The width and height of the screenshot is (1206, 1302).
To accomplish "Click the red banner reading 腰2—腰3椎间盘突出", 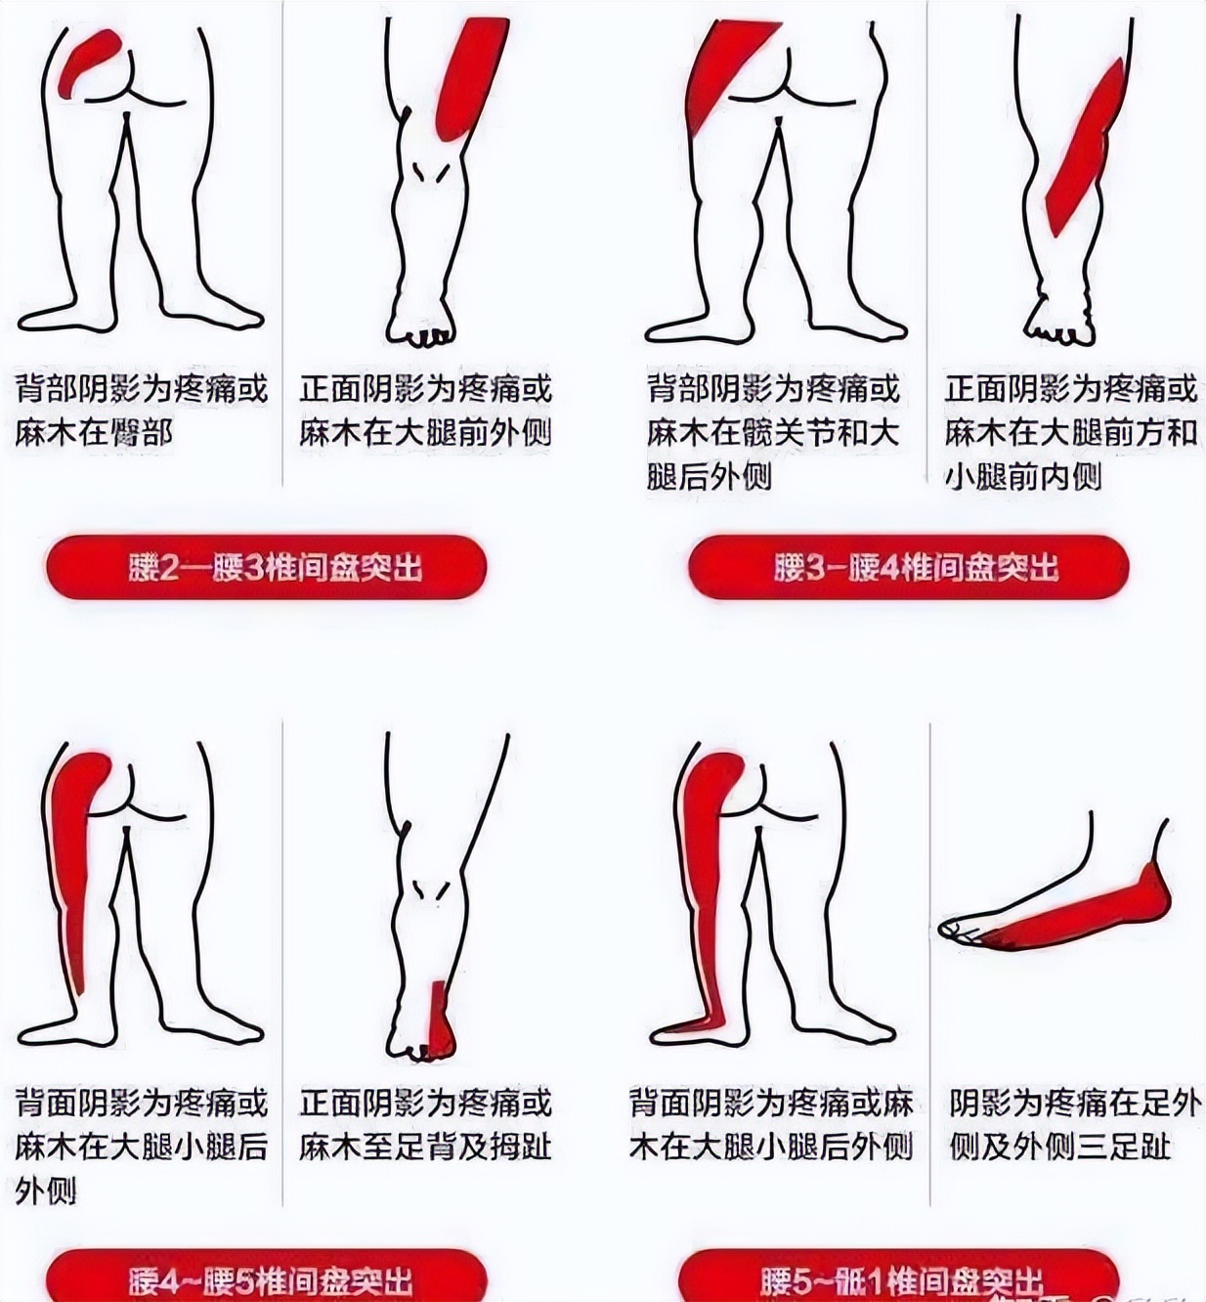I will tap(266, 567).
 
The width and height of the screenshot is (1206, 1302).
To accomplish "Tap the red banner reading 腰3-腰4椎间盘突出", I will tap(909, 567).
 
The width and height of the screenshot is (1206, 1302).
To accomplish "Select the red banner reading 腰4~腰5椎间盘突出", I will tap(266, 1277).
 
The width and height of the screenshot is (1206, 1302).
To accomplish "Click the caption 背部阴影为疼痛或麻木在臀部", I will tap(141, 411).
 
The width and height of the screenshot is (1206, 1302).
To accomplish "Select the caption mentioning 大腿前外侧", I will tap(425, 411).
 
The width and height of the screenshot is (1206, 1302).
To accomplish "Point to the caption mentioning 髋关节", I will tap(772, 432).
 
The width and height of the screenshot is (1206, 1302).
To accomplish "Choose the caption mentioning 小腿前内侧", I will tap(1070, 432).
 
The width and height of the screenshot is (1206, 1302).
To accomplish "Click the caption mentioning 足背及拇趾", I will tap(425, 1124).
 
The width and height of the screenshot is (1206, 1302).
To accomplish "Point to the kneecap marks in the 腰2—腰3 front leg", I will tap(431, 172).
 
